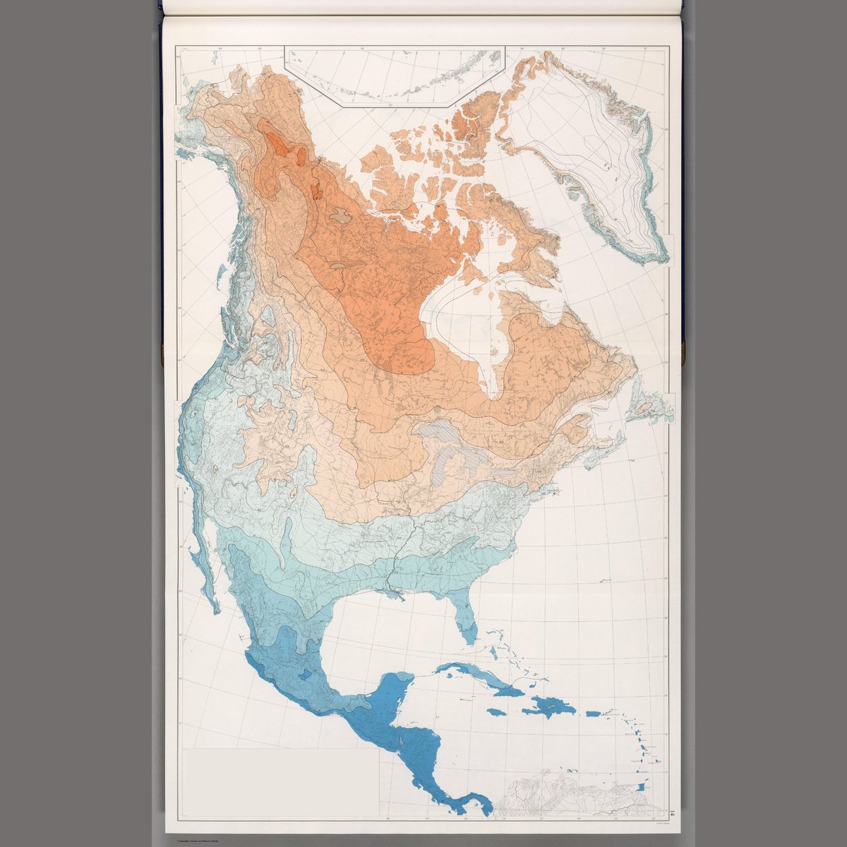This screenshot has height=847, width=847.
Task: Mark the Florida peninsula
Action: [x=466, y=621]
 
